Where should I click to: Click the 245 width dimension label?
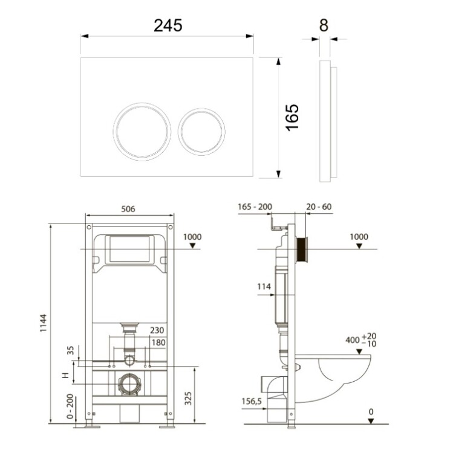point(168,25)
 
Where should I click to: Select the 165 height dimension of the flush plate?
point(292,118)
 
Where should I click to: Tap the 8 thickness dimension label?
point(324,25)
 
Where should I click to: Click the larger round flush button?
point(142,132)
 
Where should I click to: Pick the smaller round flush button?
point(201,132)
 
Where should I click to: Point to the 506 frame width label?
point(128,208)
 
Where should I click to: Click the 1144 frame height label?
point(43,323)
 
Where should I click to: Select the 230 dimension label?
point(157,330)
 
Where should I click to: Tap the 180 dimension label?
point(158,342)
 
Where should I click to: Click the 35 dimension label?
point(71,350)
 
